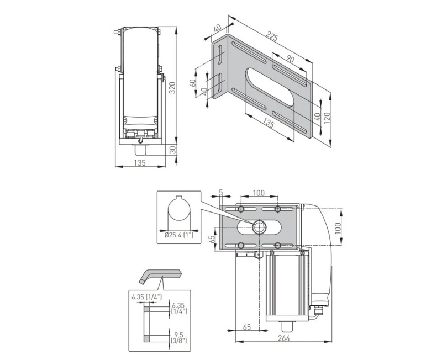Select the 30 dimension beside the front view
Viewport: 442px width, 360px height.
172,151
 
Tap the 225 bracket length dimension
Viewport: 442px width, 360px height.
271,37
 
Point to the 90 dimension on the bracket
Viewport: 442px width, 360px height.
291,59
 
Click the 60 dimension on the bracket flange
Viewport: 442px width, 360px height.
193,82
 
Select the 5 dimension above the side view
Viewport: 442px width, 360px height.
220,193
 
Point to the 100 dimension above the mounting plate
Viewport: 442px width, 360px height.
258,193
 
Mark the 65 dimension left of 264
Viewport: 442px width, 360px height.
247,327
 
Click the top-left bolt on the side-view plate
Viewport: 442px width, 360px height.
241,209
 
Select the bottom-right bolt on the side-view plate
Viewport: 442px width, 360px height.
277,245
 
